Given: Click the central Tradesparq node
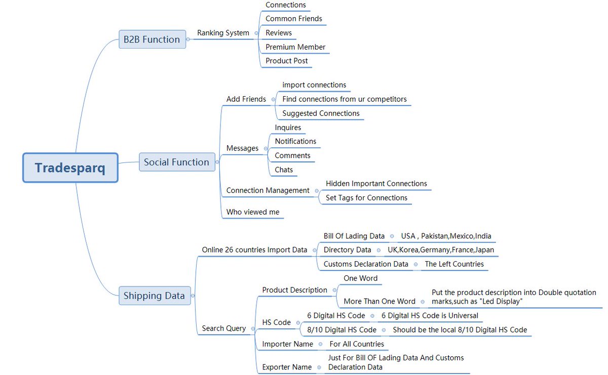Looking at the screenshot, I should pos(70,168).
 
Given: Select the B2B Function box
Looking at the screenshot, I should pos(152,39).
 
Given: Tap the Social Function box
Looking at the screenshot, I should pos(176,162).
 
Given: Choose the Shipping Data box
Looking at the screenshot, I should pos(154,296).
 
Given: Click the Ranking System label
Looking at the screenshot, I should pos(223,33).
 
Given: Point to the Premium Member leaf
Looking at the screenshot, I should pos(295,47).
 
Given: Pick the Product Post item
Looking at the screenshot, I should pos(287,61).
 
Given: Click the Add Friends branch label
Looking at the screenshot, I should pos(246,99).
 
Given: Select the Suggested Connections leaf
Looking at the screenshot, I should pos(321,113).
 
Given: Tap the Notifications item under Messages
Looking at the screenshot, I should pos(295,141).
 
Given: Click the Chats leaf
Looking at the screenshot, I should pos(284,170).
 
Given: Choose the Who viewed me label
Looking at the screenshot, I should pos(253,212).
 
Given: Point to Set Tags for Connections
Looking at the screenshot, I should pos(366,198).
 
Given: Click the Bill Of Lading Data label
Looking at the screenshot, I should pos(354,236).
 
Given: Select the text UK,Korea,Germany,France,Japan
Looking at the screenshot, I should pos(441,250).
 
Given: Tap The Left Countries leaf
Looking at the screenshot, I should pos(454,264).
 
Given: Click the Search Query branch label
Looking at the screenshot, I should pos(224,328).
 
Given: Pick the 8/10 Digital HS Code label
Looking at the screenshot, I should pos(342,330).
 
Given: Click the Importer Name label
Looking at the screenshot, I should pos(287,344).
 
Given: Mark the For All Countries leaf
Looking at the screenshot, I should pos(357,344).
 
